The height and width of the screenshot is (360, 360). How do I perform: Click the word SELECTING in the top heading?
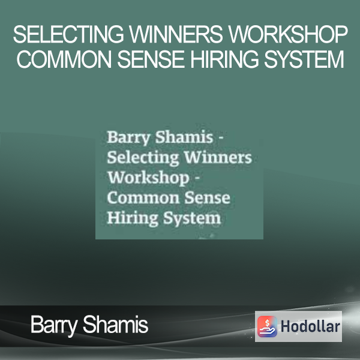click(68, 34)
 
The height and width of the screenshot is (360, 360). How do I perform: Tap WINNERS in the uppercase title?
click(176, 34)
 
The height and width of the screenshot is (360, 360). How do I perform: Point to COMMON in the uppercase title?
click(64, 59)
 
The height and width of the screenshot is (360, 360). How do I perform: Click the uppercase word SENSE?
click(151, 59)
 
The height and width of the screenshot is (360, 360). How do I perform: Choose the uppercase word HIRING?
click(224, 59)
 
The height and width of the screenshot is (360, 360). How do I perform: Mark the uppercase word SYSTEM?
click(304, 59)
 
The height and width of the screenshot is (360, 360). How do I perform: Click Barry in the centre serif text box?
click(129, 137)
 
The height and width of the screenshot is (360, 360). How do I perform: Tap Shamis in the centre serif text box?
click(184, 137)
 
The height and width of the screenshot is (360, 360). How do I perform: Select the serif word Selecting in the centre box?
click(143, 158)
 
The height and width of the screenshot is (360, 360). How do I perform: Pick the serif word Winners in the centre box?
click(218, 157)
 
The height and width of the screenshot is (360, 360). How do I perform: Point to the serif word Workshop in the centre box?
click(148, 178)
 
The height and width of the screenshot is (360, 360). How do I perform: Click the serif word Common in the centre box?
click(143, 197)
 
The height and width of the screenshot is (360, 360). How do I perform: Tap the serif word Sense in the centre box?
click(208, 197)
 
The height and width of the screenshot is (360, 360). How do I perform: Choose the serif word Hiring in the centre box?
click(133, 218)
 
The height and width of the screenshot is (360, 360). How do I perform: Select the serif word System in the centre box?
click(192, 218)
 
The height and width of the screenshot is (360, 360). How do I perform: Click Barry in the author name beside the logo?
click(54, 325)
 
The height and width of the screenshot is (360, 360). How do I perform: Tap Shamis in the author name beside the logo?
click(115, 324)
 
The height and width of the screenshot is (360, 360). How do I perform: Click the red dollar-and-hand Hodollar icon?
click(267, 326)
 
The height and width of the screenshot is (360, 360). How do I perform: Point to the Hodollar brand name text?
click(310, 326)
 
